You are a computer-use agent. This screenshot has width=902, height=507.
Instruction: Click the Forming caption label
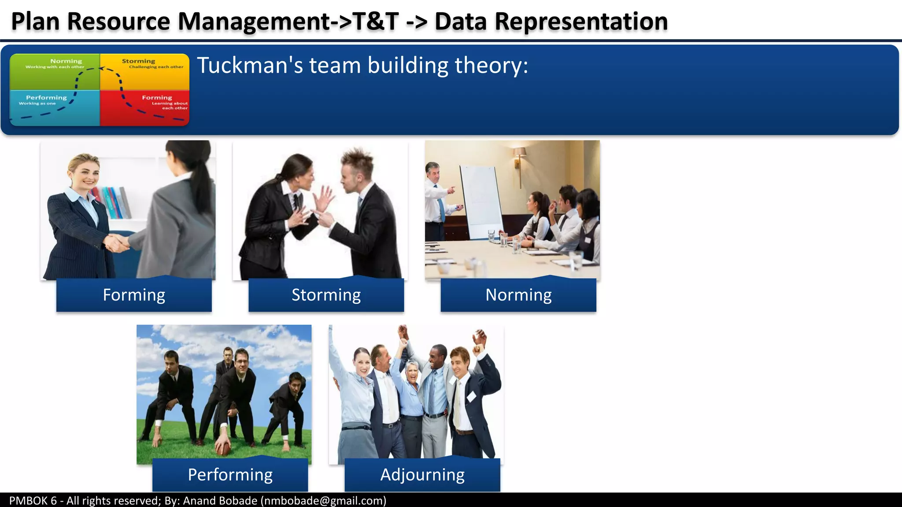point(134,295)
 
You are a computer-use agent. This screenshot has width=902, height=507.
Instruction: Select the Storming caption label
point(326,295)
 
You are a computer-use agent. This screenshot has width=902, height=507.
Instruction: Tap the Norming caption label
point(518,295)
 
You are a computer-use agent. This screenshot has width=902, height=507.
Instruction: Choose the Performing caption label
point(230,475)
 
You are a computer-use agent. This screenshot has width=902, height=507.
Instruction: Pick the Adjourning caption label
point(422,475)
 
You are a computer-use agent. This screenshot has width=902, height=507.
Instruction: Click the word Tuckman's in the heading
point(249,65)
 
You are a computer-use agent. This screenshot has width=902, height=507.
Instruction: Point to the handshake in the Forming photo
point(117,242)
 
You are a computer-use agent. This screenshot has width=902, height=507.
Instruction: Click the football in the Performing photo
point(223,448)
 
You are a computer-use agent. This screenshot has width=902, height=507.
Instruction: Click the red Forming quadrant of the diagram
point(144,108)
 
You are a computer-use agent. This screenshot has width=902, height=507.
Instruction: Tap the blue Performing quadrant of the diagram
point(55,108)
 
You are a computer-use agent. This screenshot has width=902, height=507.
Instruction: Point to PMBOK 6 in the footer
point(33,501)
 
